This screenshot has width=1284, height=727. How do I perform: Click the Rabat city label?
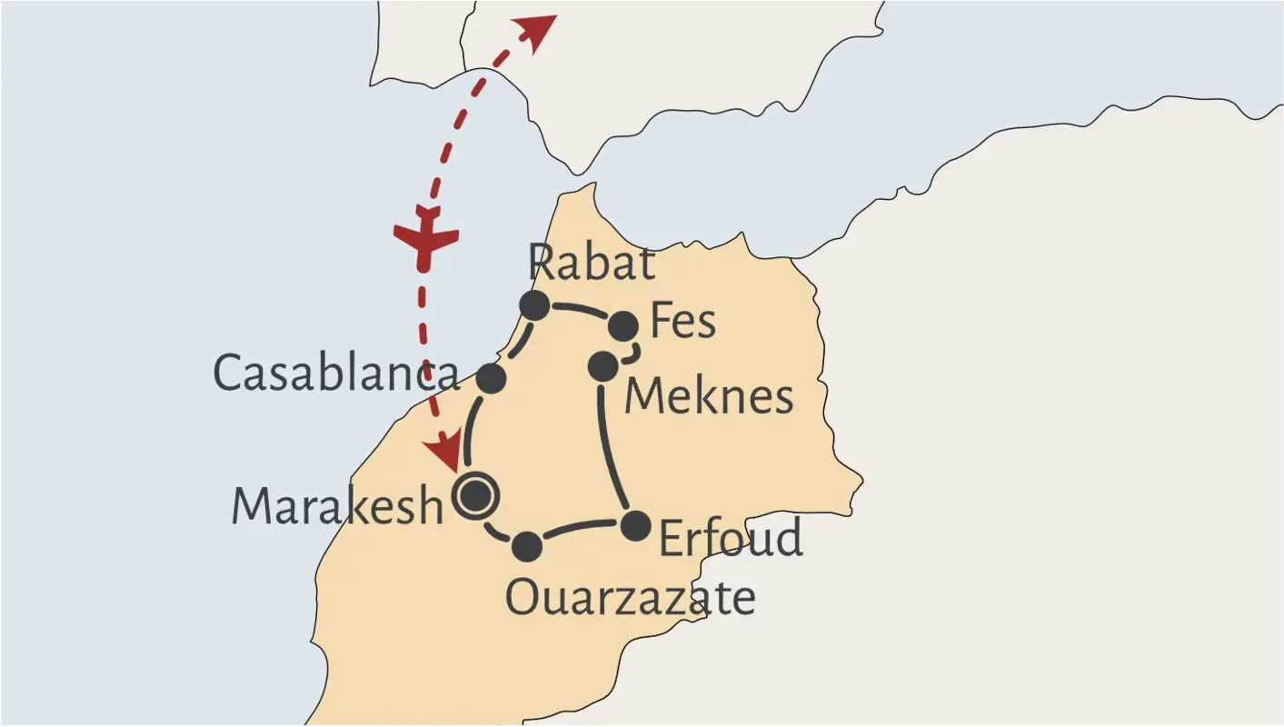[x=592, y=264]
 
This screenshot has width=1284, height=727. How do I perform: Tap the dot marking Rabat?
[x=533, y=305]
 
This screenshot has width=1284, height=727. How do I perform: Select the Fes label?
[x=682, y=322]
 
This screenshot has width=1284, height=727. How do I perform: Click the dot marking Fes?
[x=624, y=325]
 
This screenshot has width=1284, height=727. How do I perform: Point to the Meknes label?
[x=709, y=396]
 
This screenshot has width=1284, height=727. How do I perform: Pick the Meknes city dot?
[x=603, y=366]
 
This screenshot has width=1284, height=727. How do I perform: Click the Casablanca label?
[x=335, y=373]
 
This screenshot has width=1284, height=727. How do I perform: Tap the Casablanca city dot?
[x=491, y=378]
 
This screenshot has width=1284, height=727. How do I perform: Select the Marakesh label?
[x=336, y=505]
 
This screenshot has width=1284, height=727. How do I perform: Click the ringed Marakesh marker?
[x=475, y=496]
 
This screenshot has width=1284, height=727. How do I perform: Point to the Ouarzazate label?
[x=630, y=598]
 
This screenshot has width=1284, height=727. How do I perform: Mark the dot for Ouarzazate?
[x=527, y=547]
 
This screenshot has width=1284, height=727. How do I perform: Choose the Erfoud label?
[x=731, y=538]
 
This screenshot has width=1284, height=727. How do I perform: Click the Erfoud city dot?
[x=636, y=525]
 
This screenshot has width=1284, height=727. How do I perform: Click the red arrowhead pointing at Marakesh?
[x=445, y=451]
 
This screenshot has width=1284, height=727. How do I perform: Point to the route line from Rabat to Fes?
[x=579, y=310]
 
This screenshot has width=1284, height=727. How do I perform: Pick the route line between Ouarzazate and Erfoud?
[x=582, y=528]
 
